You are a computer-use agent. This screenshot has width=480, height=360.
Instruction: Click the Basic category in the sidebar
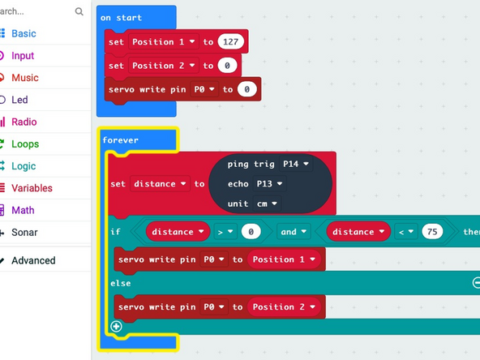[24, 34]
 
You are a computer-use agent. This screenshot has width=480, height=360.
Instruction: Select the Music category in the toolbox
[24, 78]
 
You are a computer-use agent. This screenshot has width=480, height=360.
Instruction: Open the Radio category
[24, 122]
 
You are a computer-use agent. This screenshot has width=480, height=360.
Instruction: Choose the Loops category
[24, 144]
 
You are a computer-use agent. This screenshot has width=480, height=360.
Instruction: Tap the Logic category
[24, 166]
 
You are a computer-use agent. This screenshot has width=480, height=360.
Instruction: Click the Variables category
[32, 188]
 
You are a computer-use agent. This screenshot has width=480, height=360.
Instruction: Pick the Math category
[23, 210]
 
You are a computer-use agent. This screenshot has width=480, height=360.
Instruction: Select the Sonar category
[24, 233]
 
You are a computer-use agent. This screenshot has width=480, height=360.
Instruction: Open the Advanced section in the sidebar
[33, 260]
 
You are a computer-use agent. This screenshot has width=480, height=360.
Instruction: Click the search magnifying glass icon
[79, 12]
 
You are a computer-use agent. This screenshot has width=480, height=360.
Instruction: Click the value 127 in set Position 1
[231, 41]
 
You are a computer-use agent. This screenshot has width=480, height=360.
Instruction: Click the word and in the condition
[289, 232]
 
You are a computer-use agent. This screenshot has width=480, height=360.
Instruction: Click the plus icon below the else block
[116, 327]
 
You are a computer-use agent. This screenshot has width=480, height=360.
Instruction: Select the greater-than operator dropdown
[225, 232]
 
